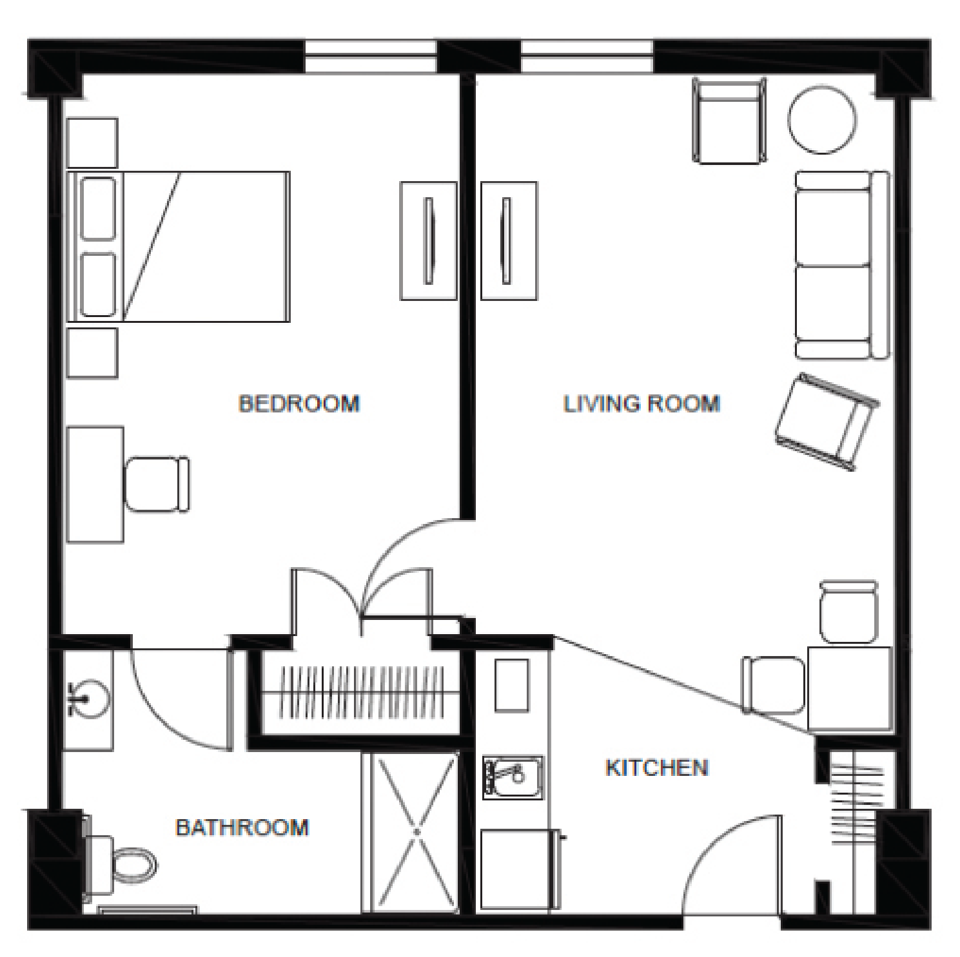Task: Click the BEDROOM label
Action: coord(299,403)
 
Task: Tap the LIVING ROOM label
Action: coord(642,403)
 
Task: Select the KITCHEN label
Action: coord(657,768)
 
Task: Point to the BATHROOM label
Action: coord(242,827)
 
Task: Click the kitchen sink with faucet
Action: coord(513,777)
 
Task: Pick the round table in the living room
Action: coord(823,121)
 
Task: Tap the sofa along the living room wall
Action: coord(842,265)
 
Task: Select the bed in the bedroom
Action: coord(179,246)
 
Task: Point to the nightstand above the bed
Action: coord(92,142)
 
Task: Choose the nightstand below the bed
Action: coord(92,353)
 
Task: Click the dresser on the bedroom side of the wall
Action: coord(428,241)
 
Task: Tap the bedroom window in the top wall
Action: coord(371,56)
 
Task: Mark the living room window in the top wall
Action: coord(587,56)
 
